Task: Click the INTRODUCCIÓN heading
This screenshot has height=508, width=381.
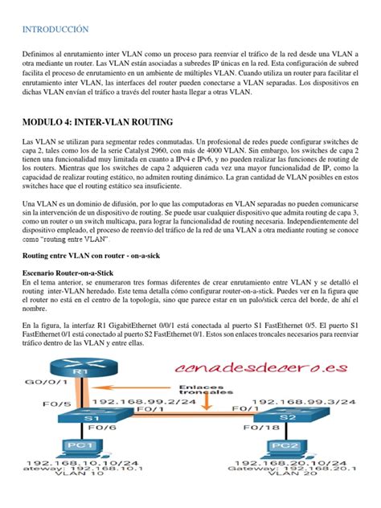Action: (55, 30)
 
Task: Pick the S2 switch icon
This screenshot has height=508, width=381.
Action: (288, 420)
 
